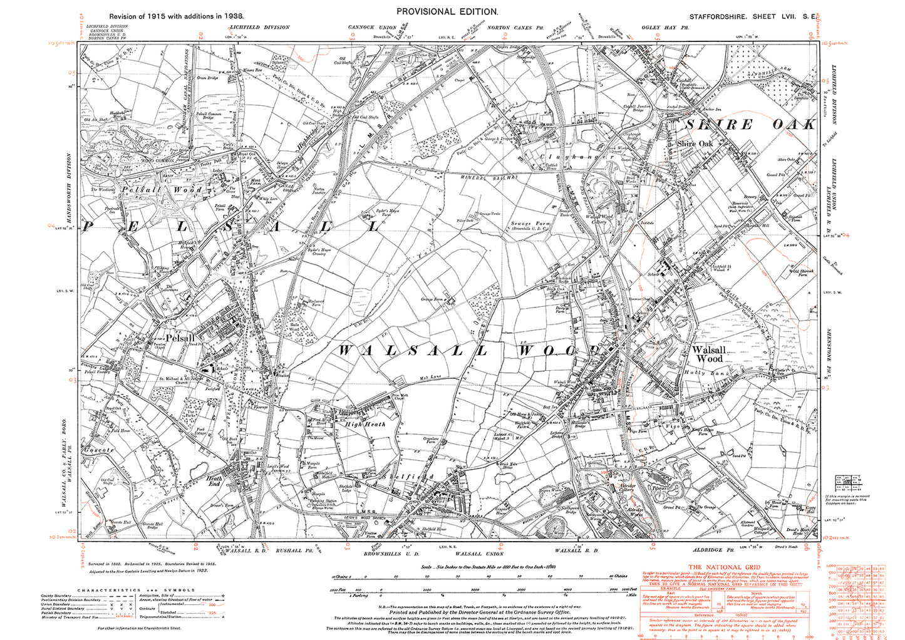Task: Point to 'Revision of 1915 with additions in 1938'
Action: [x=177, y=16]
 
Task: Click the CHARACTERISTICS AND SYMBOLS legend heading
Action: [x=137, y=590]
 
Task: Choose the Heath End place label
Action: [x=214, y=481]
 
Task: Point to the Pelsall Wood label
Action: [x=162, y=189]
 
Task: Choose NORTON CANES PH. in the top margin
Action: [x=510, y=28]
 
